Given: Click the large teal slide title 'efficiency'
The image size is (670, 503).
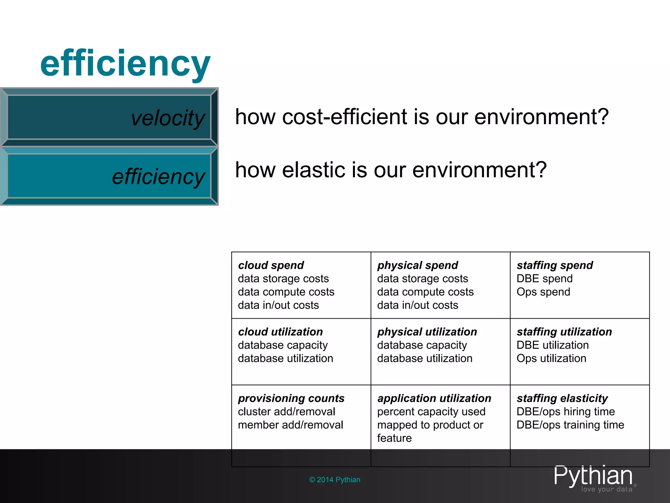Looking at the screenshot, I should click(125, 63).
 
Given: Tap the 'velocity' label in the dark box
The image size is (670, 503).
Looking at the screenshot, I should click(168, 118).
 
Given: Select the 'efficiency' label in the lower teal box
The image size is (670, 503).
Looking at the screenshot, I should click(158, 177).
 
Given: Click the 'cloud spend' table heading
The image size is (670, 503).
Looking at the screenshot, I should click(271, 265).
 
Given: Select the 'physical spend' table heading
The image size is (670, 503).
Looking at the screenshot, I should click(417, 265).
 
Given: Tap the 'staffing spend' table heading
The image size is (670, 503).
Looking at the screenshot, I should click(555, 265).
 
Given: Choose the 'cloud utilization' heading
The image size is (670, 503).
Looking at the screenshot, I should click(280, 332).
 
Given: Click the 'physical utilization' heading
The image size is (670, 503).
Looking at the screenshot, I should click(427, 332).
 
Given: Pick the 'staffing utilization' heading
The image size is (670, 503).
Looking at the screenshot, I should click(564, 332).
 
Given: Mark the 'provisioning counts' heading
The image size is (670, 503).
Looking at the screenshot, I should click(291, 398).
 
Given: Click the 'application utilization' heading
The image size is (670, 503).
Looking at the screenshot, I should click(434, 398).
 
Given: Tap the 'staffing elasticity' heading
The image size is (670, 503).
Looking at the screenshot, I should click(562, 398).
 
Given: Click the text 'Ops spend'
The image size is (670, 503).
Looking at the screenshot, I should click(543, 292).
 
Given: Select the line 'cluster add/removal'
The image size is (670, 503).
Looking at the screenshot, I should click(287, 412).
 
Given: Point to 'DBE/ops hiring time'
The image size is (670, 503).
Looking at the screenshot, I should click(566, 412).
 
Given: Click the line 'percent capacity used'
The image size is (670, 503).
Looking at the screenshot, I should click(431, 412).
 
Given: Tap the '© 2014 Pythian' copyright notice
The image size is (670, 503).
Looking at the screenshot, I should click(335, 480).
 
